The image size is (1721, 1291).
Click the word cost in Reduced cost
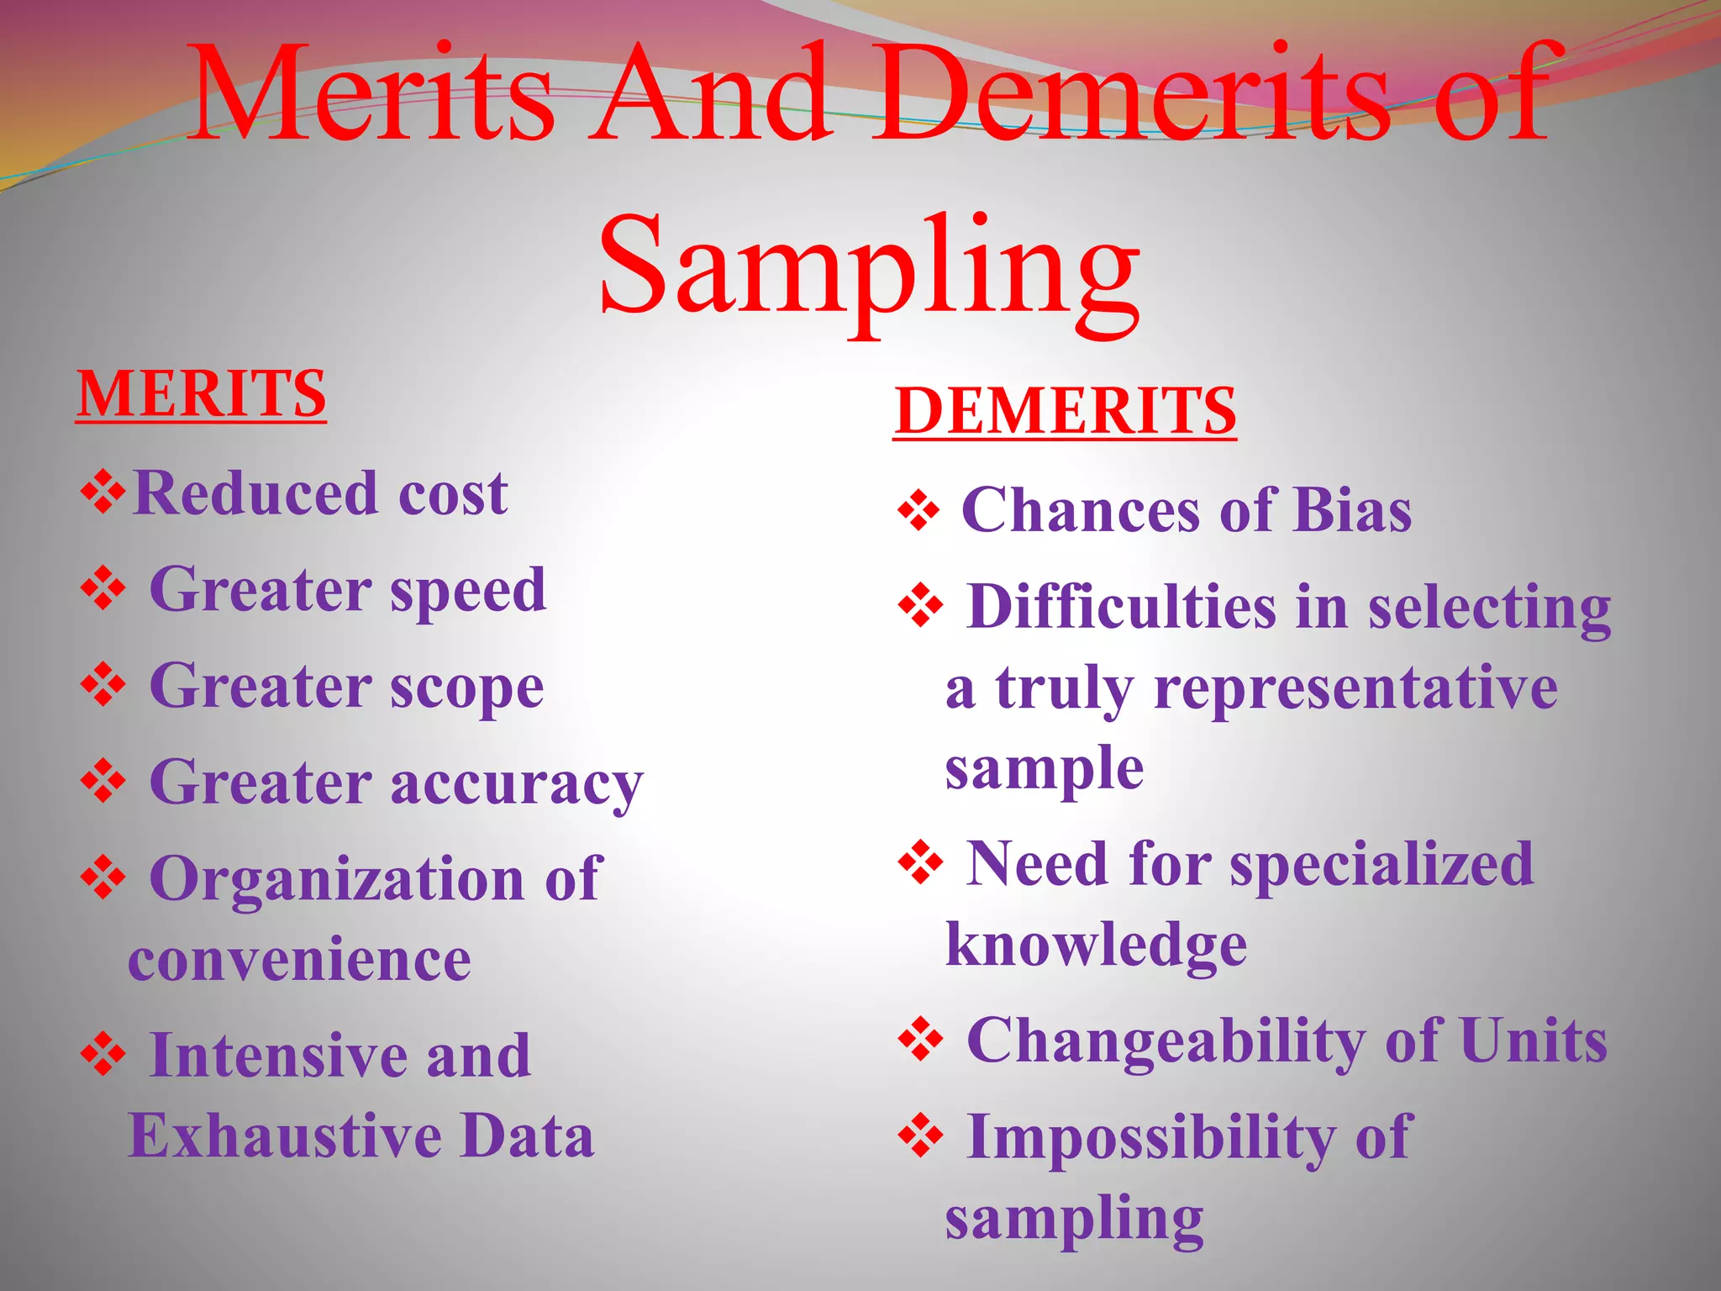(453, 493)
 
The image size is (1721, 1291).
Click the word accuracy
(517, 784)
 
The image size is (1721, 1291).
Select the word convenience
(299, 960)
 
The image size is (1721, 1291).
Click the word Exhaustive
(285, 1136)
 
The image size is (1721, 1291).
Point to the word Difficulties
(1122, 606)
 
